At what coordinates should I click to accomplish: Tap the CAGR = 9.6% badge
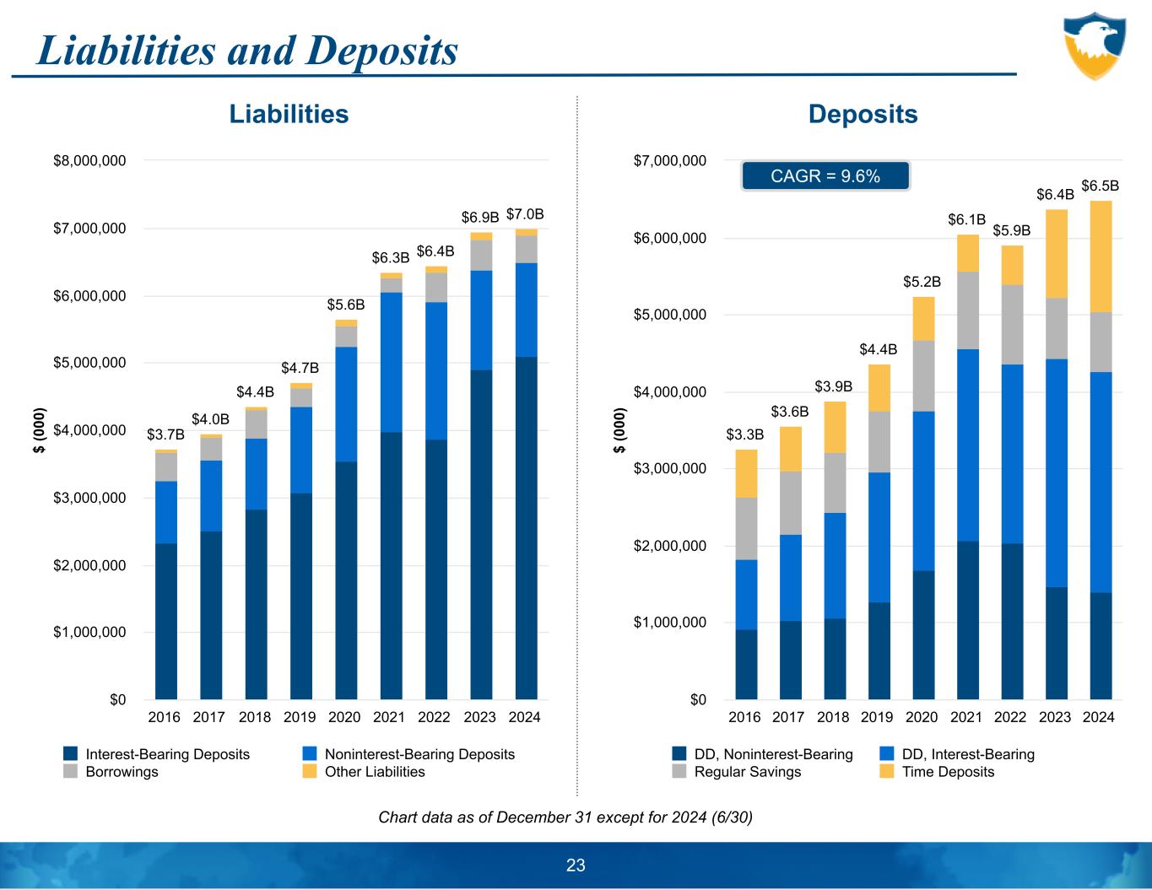pyautogui.click(x=825, y=176)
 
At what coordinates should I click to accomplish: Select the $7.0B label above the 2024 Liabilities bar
pyautogui.click(x=525, y=216)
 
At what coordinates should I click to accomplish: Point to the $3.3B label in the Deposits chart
pyautogui.click(x=745, y=434)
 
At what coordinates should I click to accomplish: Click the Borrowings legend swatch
pyautogui.click(x=71, y=772)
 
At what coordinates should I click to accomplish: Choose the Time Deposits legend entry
pyautogui.click(x=948, y=772)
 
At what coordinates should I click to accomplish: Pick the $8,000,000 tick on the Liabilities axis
pyautogui.click(x=89, y=160)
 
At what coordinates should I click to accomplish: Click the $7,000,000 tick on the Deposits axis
pyautogui.click(x=669, y=160)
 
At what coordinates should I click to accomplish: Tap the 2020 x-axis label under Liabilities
pyautogui.click(x=344, y=717)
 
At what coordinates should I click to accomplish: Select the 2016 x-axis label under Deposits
pyautogui.click(x=744, y=717)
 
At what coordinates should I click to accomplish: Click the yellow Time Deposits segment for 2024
pyautogui.click(x=1101, y=256)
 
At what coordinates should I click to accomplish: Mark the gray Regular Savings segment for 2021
pyautogui.click(x=967, y=310)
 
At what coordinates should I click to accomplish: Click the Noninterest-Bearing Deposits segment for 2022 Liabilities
pyautogui.click(x=436, y=370)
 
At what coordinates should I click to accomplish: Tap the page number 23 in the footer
pyautogui.click(x=576, y=865)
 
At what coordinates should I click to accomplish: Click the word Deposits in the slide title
pyautogui.click(x=383, y=50)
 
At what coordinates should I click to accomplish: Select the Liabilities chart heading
pyautogui.click(x=289, y=114)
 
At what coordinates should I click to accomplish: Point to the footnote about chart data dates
pyautogui.click(x=565, y=817)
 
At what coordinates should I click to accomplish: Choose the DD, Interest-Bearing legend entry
pyautogui.click(x=967, y=754)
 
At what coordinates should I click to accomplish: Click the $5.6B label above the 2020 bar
pyautogui.click(x=346, y=304)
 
